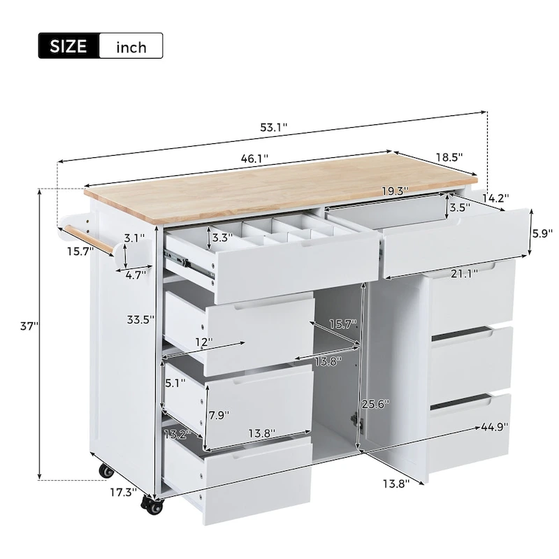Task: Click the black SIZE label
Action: click(x=68, y=46)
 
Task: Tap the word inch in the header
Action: click(x=131, y=47)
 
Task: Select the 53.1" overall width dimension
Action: click(x=274, y=127)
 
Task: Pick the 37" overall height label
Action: click(x=29, y=326)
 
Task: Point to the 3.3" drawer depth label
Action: click(x=222, y=238)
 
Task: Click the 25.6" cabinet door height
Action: click(x=375, y=404)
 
